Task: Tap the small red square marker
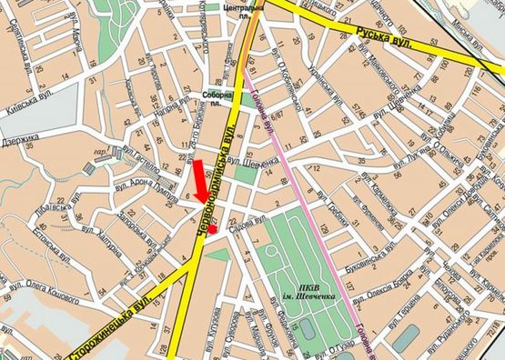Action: pos(212,230)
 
